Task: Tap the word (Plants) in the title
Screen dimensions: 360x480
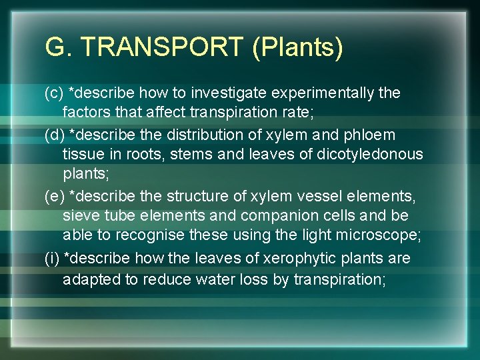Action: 298,48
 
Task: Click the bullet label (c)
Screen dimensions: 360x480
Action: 54,93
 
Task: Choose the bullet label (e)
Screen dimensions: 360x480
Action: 54,196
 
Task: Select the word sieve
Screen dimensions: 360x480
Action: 81,216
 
